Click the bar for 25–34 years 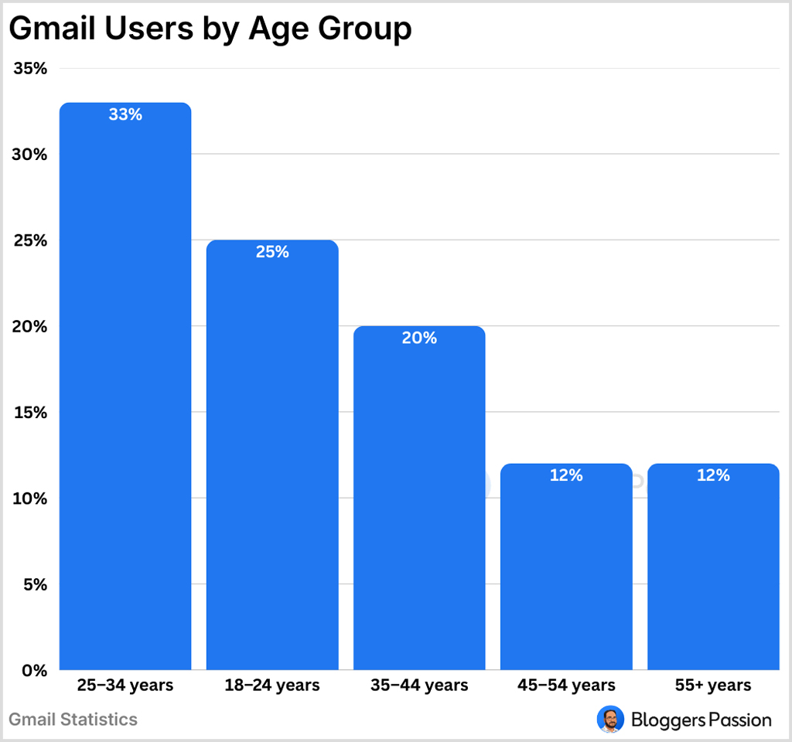point(125,386)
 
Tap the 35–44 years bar point(419,498)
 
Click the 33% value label point(125,115)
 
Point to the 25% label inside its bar point(272,252)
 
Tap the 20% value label point(419,338)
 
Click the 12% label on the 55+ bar point(713,475)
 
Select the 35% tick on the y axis point(30,69)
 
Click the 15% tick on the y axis point(30,413)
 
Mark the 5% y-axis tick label point(35,584)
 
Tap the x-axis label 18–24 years point(272,685)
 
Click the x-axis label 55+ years point(713,685)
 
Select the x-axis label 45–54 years point(566,685)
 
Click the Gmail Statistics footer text point(73,720)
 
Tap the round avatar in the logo point(610,720)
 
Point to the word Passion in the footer point(739,720)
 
